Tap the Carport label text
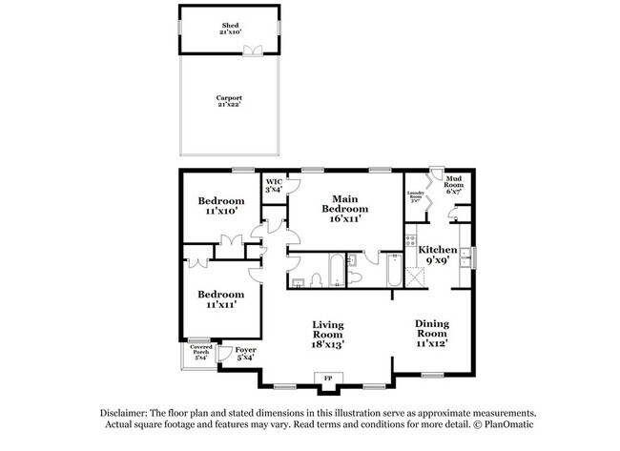point(229,102)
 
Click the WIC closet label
point(274,185)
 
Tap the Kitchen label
point(438,255)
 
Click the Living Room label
point(327,335)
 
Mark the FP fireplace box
point(328,379)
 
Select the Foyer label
point(246,354)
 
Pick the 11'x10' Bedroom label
point(221,206)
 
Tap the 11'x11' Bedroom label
point(219,299)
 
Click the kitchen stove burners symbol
point(411,239)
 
